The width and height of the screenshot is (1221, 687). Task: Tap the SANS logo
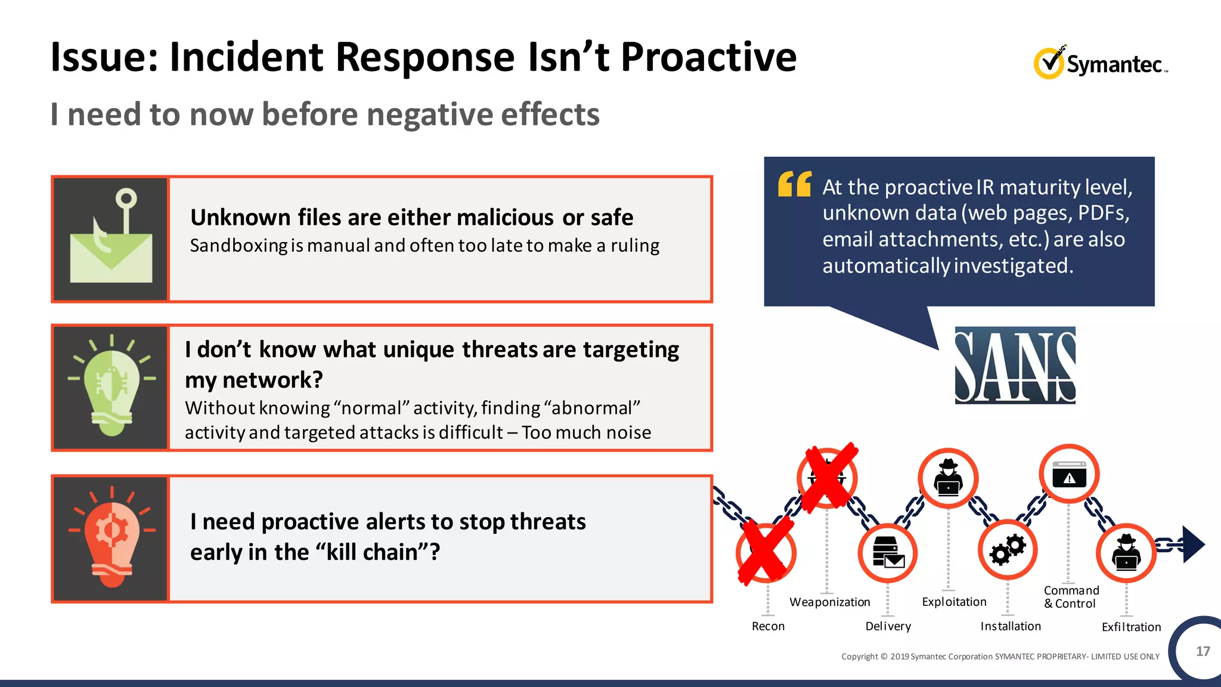coord(1015,365)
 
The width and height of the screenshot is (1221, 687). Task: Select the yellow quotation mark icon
coord(795,184)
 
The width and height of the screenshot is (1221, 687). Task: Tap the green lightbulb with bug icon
coord(111,388)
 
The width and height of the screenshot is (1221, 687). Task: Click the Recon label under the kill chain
coord(768,626)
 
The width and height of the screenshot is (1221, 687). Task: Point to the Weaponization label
coord(829,602)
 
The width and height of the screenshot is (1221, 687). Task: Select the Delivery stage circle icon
coord(888,553)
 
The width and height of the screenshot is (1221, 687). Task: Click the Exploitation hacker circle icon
coord(948,478)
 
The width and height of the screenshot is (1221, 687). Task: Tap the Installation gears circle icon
coord(1008,550)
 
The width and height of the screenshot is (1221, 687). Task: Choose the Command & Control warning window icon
coord(1069,475)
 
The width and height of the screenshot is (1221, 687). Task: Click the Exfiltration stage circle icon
coord(1126,553)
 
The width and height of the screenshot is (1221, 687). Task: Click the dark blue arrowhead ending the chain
coord(1193,544)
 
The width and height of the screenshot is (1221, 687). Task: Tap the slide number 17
coord(1203,651)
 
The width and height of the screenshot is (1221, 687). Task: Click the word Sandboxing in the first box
coord(238,246)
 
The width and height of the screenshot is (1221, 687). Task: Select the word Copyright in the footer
coord(860,657)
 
